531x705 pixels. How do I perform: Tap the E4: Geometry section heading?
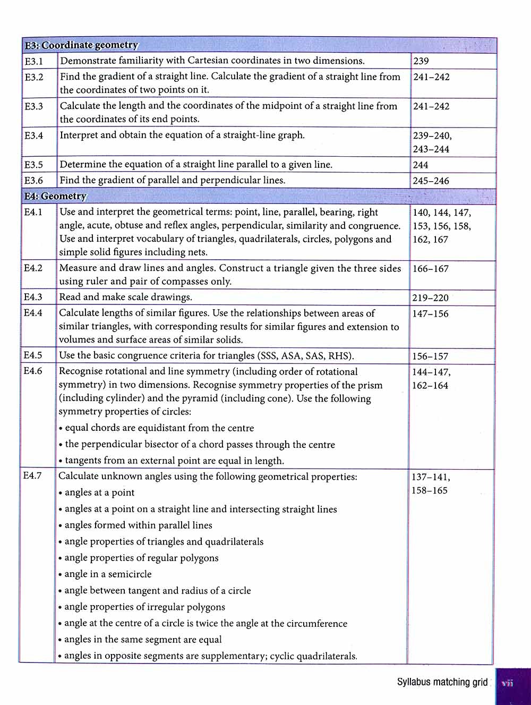pos(55,196)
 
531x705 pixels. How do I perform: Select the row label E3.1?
pos(34,61)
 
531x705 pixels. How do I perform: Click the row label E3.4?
pos(34,135)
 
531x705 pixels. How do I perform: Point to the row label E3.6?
pos(34,181)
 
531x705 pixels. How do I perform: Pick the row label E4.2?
pos(33,268)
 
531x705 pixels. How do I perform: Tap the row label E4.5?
pos(33,355)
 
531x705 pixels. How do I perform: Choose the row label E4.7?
pos(32,475)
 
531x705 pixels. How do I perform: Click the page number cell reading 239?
pos(421,61)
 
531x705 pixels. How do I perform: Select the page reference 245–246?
pos(431,181)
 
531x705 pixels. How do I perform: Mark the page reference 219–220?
pos(430,298)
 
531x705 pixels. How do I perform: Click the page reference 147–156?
pos(430,313)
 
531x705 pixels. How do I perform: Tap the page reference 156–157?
pos(430,356)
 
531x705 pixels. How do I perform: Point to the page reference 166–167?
pos(430,269)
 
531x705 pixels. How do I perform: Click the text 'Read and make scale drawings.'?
pos(126,297)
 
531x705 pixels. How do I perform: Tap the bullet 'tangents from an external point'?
pos(174,461)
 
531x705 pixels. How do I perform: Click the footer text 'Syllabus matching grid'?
pos(442,682)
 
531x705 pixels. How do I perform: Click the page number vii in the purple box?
pos(508,683)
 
